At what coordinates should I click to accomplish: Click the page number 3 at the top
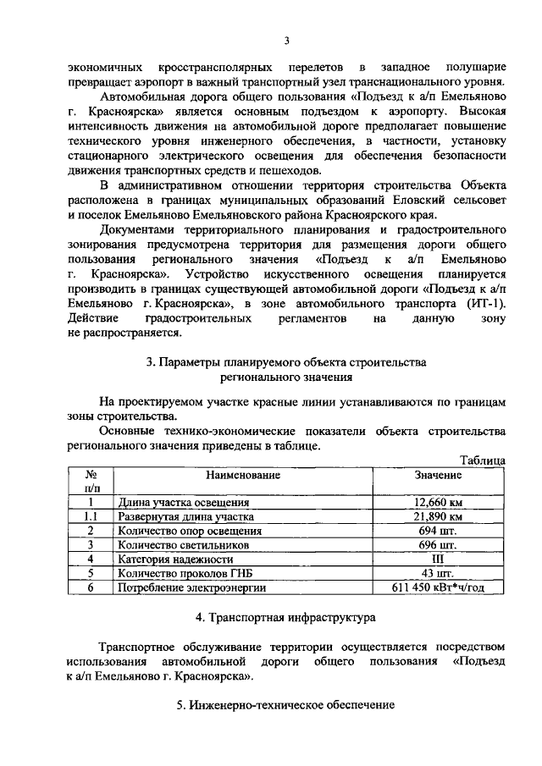tap(287, 40)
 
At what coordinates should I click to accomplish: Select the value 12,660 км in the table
tap(437, 502)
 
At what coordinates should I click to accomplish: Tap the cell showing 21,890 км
tap(437, 516)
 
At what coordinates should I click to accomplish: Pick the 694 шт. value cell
tap(437, 531)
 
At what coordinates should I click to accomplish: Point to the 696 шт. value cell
tap(437, 545)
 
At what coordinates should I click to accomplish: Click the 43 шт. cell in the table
tap(437, 574)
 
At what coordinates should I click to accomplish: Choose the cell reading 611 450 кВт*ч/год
tap(437, 588)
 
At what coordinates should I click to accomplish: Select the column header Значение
tap(437, 476)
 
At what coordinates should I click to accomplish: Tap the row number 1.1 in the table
tap(90, 516)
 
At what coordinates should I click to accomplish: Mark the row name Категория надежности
tap(175, 559)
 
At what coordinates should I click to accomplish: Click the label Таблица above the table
tap(482, 460)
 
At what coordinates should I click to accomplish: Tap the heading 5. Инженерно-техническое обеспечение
tap(286, 706)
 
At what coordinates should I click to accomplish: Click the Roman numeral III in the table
tap(437, 559)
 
